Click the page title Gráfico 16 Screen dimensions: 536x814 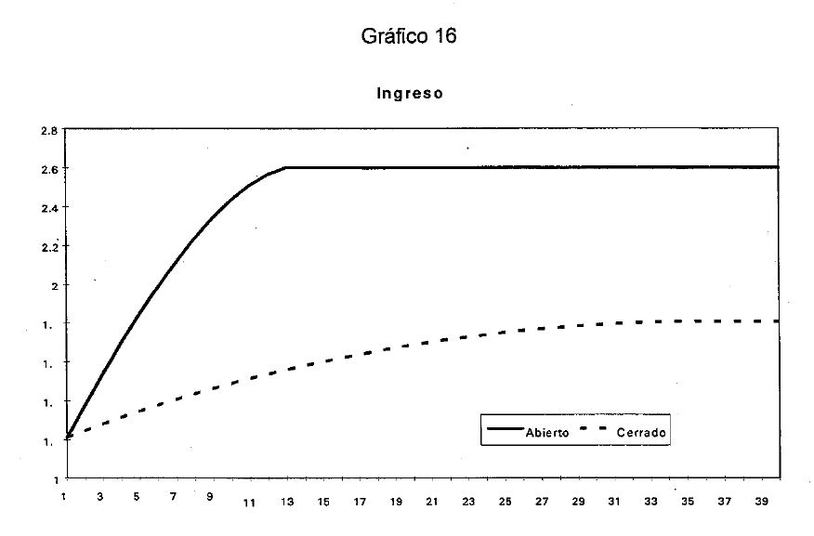(x=409, y=36)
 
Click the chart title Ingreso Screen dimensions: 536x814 (x=410, y=93)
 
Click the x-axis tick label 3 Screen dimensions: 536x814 (x=100, y=498)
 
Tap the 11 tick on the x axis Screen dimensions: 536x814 (x=249, y=503)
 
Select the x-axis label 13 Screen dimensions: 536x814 (x=286, y=503)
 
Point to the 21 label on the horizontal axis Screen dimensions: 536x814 (x=432, y=503)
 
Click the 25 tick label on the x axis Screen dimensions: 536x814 (x=505, y=503)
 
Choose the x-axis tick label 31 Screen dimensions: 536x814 (x=614, y=503)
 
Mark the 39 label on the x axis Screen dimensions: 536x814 (x=761, y=503)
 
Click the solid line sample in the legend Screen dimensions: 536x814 (x=503, y=429)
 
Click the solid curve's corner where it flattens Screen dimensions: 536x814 (x=286, y=167)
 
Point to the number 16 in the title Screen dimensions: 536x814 (x=446, y=36)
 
